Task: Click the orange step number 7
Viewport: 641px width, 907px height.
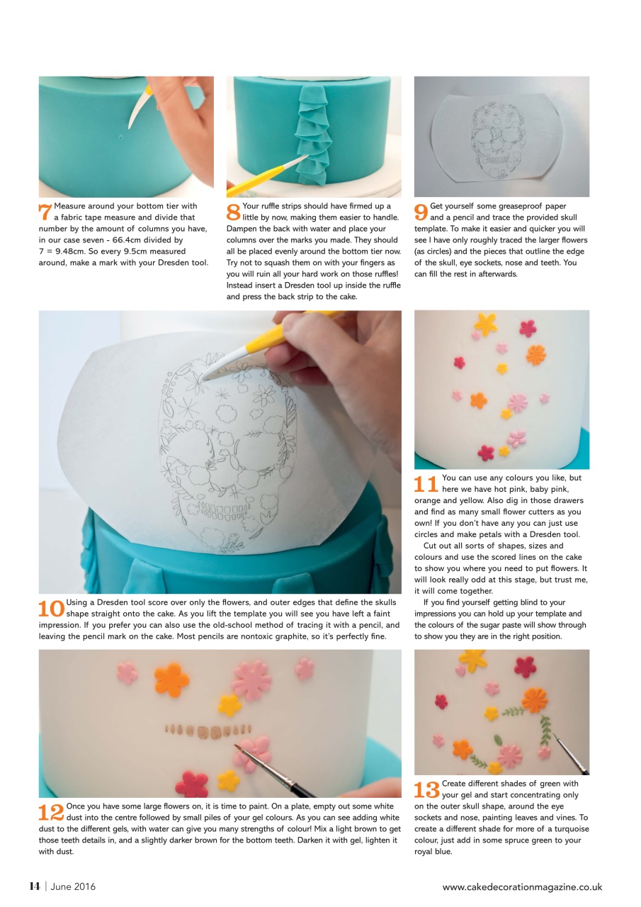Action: [45, 211]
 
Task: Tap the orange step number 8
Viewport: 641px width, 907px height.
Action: [233, 211]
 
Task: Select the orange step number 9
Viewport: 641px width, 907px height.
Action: [421, 211]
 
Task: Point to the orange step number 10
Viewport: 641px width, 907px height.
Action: [51, 607]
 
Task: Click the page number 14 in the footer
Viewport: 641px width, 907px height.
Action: [34, 886]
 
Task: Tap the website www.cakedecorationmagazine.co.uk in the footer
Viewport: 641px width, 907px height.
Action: [522, 886]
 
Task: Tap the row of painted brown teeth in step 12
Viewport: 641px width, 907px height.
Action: [208, 729]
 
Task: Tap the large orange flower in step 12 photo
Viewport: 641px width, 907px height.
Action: [172, 680]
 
